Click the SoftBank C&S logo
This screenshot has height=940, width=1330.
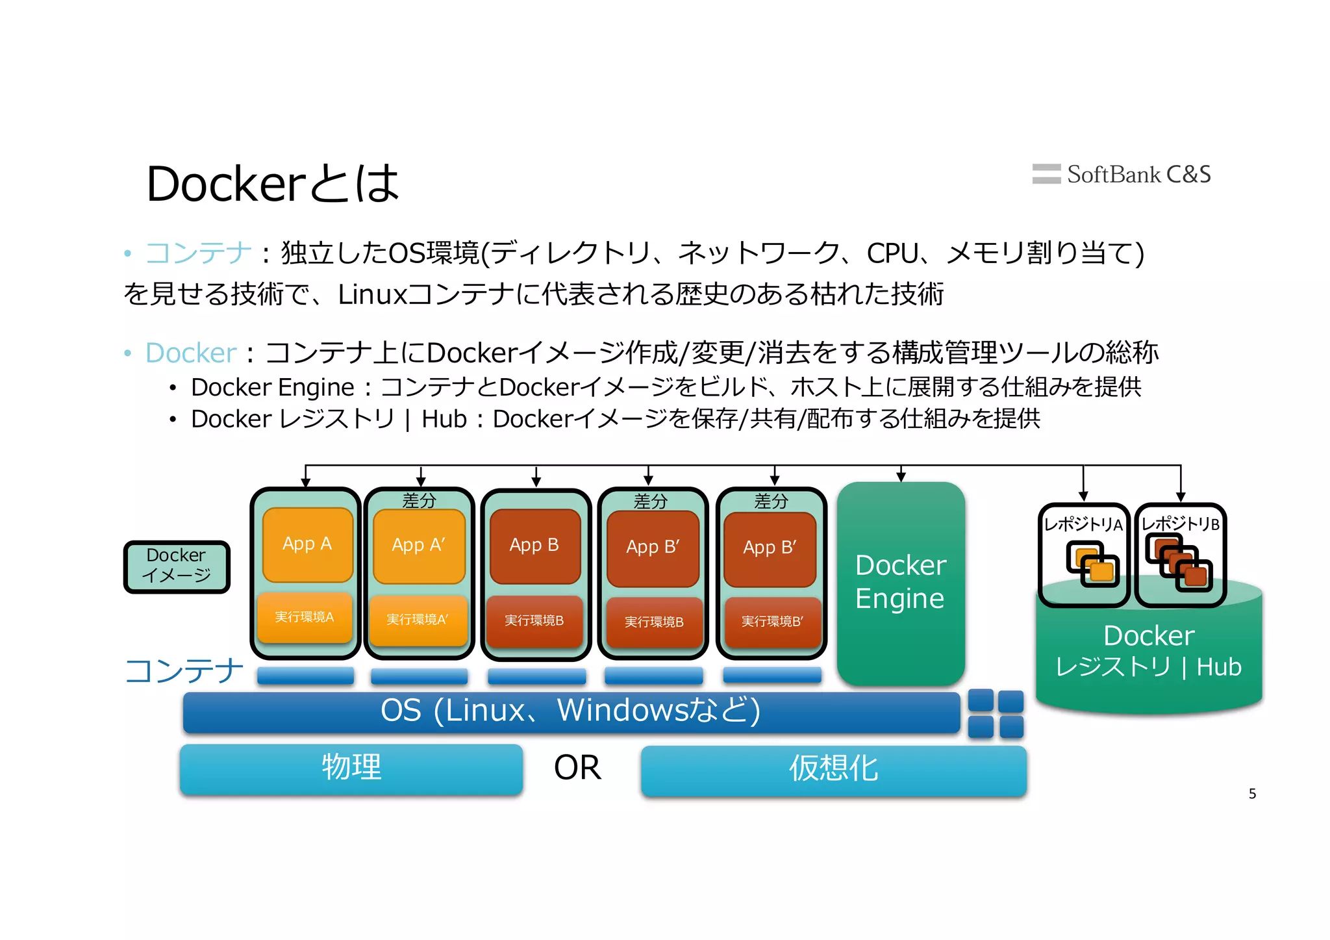point(1122,174)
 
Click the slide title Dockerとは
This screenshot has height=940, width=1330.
point(273,184)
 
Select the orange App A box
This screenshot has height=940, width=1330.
point(307,544)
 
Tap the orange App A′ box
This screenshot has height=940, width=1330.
point(419,546)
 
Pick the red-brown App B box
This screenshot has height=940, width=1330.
point(534,546)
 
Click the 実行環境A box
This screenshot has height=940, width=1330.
point(305,617)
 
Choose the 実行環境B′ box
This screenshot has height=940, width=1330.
point(772,622)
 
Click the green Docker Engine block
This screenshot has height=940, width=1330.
point(901,583)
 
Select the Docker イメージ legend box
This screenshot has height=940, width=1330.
point(177,566)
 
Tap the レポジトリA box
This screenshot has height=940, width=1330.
point(1083,554)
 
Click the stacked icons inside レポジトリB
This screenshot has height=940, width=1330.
point(1179,563)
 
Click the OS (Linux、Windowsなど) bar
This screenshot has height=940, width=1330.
point(571,711)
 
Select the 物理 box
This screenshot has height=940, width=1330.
point(351,769)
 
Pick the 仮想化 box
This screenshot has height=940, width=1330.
point(833,770)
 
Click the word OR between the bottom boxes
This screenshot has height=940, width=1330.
point(577,769)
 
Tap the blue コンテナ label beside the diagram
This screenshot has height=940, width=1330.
point(184,671)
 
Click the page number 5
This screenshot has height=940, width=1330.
point(1252,794)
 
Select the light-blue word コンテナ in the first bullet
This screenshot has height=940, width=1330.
point(198,253)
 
